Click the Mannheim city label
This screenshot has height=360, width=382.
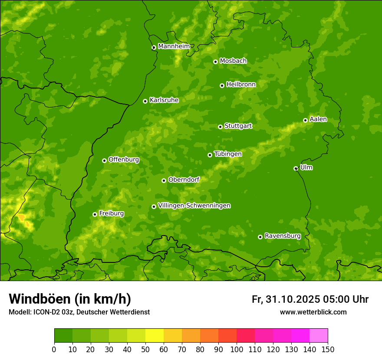coord(174,46)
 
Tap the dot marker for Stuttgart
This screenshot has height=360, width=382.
coord(220,127)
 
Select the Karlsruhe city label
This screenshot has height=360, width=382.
coord(164,100)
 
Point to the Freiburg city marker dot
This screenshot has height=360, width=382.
coord(95,214)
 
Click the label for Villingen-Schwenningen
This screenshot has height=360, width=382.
coord(194,206)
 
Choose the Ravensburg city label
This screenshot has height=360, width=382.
coord(282,236)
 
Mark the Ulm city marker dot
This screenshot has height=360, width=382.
coord(296,168)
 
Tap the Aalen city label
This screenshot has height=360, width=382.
coord(318,119)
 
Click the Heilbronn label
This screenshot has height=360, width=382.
coord(241,84)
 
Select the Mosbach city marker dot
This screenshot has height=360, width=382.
coord(215,62)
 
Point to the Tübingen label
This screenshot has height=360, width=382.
coord(227,154)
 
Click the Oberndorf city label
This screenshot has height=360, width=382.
coord(184,180)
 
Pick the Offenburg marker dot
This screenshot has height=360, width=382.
coord(104,160)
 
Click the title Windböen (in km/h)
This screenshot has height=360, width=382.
coord(70,299)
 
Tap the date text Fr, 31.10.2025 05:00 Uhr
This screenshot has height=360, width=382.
coord(310,299)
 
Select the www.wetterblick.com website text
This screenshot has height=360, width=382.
coord(313,312)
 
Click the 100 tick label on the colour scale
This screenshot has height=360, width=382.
coord(237,349)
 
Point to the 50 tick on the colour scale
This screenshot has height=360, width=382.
coord(145,349)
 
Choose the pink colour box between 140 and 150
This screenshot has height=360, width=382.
coord(319,335)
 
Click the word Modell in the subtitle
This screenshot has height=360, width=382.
coord(20,312)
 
